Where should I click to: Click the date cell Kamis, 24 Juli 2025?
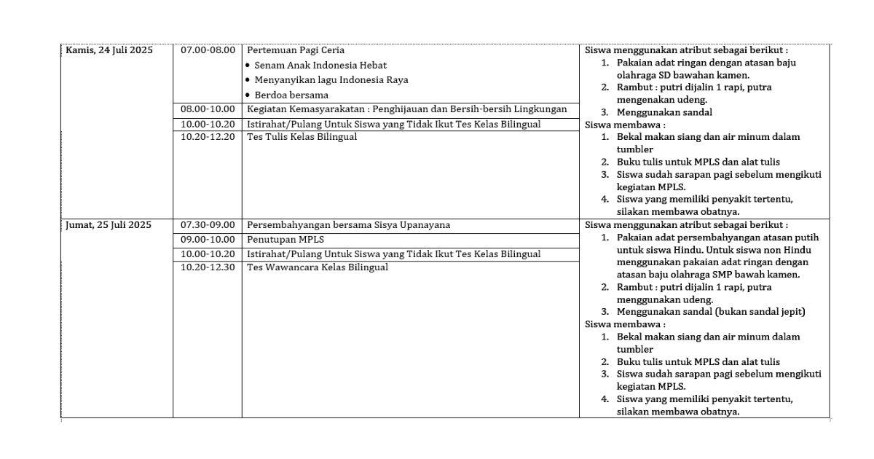pos(109,50)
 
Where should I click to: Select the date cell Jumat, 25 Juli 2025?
pos(109,225)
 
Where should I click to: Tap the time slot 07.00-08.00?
pos(208,50)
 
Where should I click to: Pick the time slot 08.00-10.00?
pos(208,109)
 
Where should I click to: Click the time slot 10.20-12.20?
pos(208,137)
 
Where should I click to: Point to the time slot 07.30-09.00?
pos(208,225)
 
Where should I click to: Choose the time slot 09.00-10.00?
pos(208,240)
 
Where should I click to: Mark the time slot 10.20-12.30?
pos(208,267)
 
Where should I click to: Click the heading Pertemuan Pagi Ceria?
pos(296,50)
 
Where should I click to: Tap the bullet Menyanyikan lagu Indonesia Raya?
pos(331,80)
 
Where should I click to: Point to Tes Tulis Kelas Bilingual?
pos(302,137)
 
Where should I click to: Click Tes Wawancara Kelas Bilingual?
pos(318,267)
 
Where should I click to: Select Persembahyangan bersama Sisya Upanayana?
pos(348,225)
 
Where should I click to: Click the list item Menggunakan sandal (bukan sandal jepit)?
pos(711,312)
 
